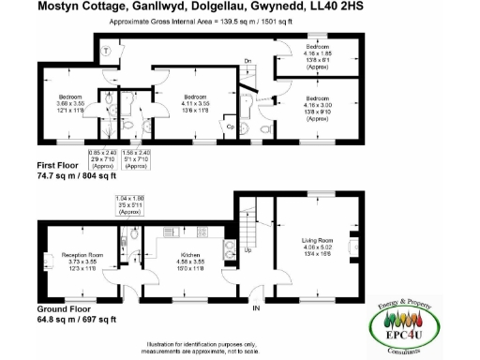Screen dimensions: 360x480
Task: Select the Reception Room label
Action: (83, 254)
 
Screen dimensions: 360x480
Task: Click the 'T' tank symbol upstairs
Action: (109, 51)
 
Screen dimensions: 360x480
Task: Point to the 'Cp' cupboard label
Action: (230, 125)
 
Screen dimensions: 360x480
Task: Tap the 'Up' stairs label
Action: (247, 250)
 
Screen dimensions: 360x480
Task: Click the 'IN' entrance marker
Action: (254, 306)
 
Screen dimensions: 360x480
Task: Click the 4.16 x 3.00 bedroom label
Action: (317, 105)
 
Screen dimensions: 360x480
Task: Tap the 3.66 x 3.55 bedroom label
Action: (71, 102)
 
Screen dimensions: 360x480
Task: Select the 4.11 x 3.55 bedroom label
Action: (195, 102)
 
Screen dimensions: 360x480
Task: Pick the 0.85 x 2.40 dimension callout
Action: (101, 157)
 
